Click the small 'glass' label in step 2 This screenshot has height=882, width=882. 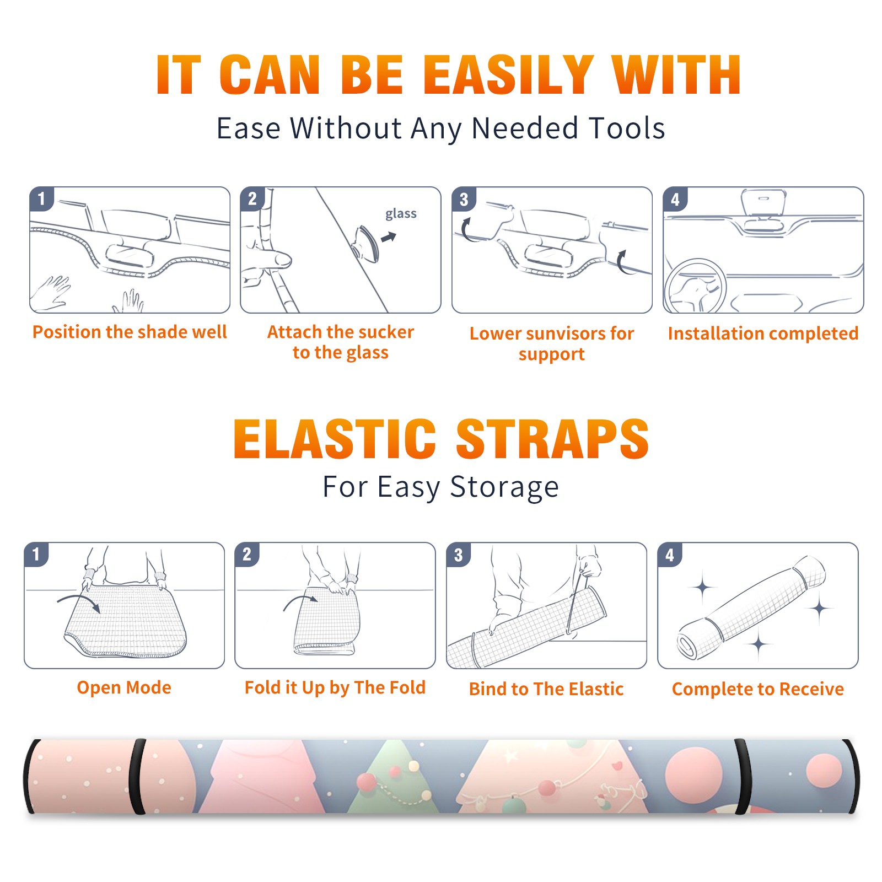pyautogui.click(x=401, y=214)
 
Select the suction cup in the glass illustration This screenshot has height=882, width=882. pyautogui.click(x=366, y=243)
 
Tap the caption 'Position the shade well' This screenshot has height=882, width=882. pyautogui.click(x=130, y=332)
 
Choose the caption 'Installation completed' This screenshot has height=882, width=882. pyautogui.click(x=763, y=334)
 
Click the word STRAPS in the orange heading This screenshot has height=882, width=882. pyautogui.click(x=552, y=439)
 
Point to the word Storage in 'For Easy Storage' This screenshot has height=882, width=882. pyautogui.click(x=504, y=487)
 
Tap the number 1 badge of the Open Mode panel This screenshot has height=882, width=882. pyautogui.click(x=36, y=554)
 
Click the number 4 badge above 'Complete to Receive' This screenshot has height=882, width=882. pyautogui.click(x=670, y=555)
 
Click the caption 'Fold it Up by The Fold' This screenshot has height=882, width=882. pyautogui.click(x=335, y=687)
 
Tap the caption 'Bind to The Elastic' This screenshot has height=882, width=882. pyautogui.click(x=546, y=689)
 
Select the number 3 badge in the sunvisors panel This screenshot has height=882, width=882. pyautogui.click(x=464, y=199)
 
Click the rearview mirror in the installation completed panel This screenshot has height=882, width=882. pyautogui.click(x=763, y=202)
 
